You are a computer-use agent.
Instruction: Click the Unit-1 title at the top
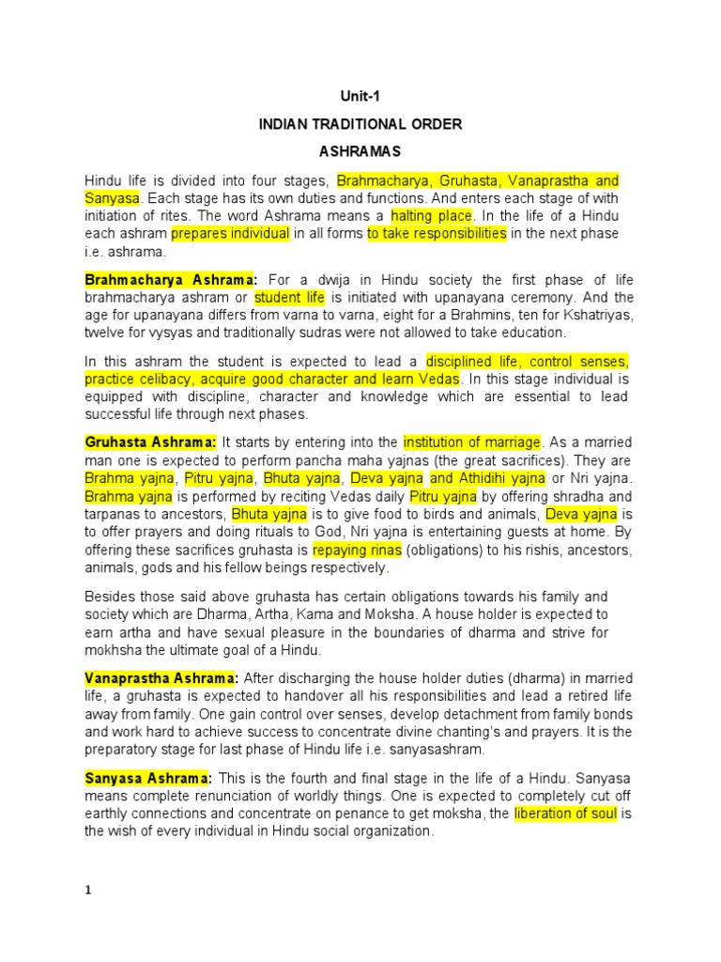click(x=360, y=96)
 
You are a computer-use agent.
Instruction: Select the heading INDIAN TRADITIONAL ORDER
click(x=360, y=123)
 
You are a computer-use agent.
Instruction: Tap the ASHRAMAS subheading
click(x=360, y=150)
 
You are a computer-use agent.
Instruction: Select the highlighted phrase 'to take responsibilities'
click(x=437, y=233)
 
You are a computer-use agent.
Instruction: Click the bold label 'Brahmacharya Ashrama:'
click(x=170, y=280)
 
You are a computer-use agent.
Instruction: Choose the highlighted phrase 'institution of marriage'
click(x=472, y=442)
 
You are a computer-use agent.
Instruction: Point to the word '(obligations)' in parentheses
click(x=422, y=550)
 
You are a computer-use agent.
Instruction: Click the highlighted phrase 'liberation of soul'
click(x=565, y=814)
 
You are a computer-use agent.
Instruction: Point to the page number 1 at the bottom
click(x=88, y=892)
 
